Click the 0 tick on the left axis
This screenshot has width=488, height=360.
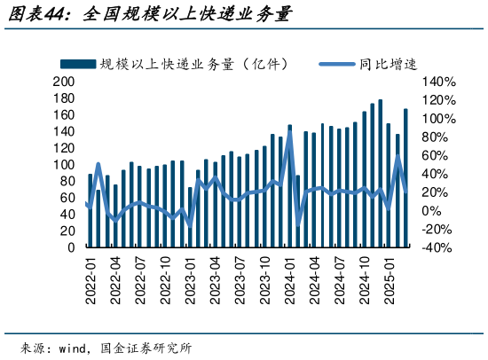[x=71, y=248]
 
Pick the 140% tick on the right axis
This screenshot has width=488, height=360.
[x=438, y=81]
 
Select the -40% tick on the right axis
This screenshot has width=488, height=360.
[x=438, y=248]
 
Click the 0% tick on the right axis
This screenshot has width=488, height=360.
[x=433, y=211]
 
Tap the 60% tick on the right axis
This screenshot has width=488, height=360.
[x=436, y=155]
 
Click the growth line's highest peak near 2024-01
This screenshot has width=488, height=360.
[x=290, y=134]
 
